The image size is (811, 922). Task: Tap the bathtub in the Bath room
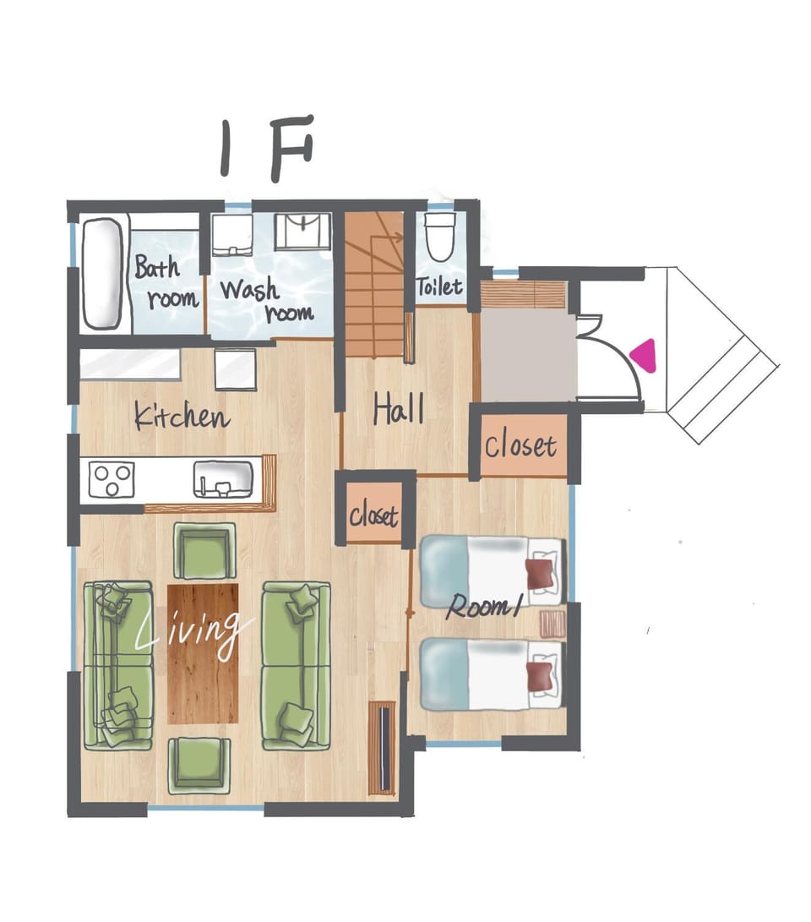click(103, 275)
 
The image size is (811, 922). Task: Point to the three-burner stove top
click(112, 480)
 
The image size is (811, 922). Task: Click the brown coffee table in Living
click(204, 653)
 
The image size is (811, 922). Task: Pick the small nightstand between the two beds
click(552, 624)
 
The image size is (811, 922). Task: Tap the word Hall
click(399, 410)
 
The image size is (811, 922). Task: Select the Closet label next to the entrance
click(520, 446)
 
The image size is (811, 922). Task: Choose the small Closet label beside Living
click(373, 516)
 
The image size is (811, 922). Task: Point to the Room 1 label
click(484, 607)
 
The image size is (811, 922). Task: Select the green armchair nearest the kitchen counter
click(204, 551)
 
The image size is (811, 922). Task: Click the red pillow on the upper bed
click(540, 574)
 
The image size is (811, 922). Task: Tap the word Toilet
click(439, 287)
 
